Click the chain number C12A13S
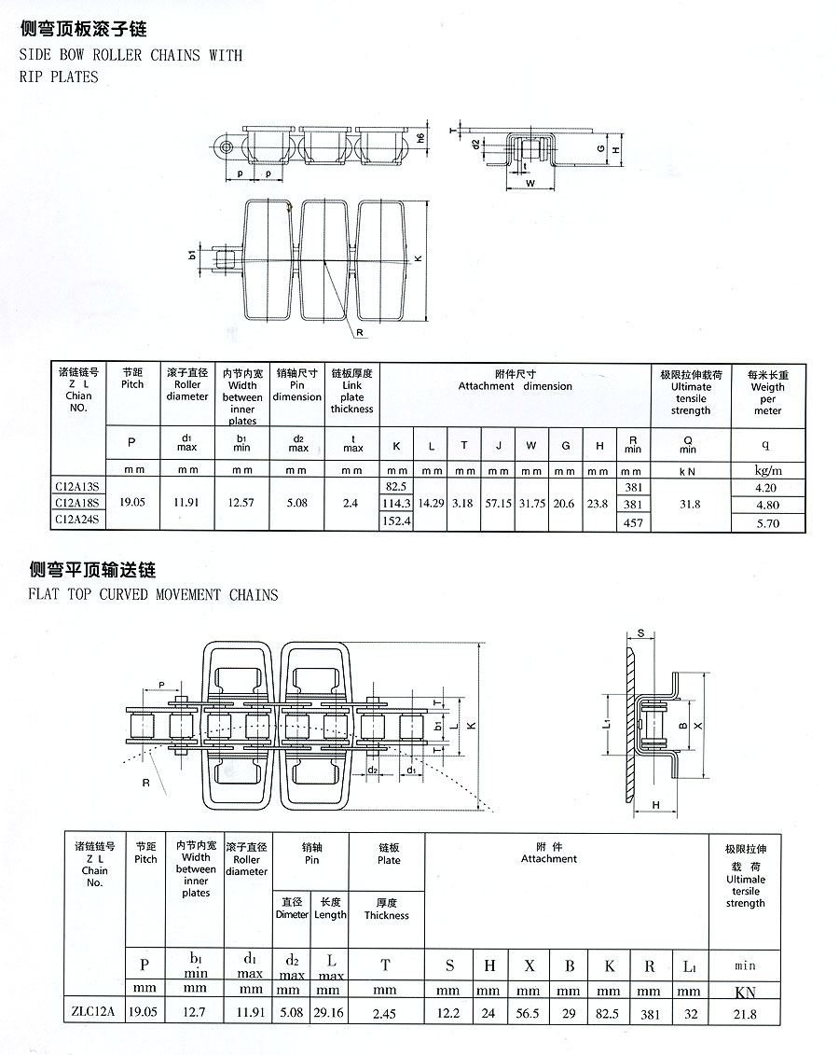click(77, 486)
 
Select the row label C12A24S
click(77, 520)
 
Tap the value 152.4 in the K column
click(396, 521)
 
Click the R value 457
click(633, 522)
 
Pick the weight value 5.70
click(768, 522)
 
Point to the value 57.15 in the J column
click(498, 504)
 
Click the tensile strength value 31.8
click(690, 504)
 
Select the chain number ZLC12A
click(93, 1011)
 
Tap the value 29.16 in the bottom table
click(328, 1012)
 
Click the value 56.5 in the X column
click(528, 1013)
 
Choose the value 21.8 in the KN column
click(745, 1014)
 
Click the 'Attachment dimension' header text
click(515, 386)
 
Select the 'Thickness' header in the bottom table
click(387, 915)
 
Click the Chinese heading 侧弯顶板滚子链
click(83, 29)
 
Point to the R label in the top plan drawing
click(360, 332)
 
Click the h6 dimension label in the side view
click(420, 138)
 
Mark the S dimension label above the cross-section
click(640, 633)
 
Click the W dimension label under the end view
click(530, 183)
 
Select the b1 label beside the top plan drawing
click(192, 255)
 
